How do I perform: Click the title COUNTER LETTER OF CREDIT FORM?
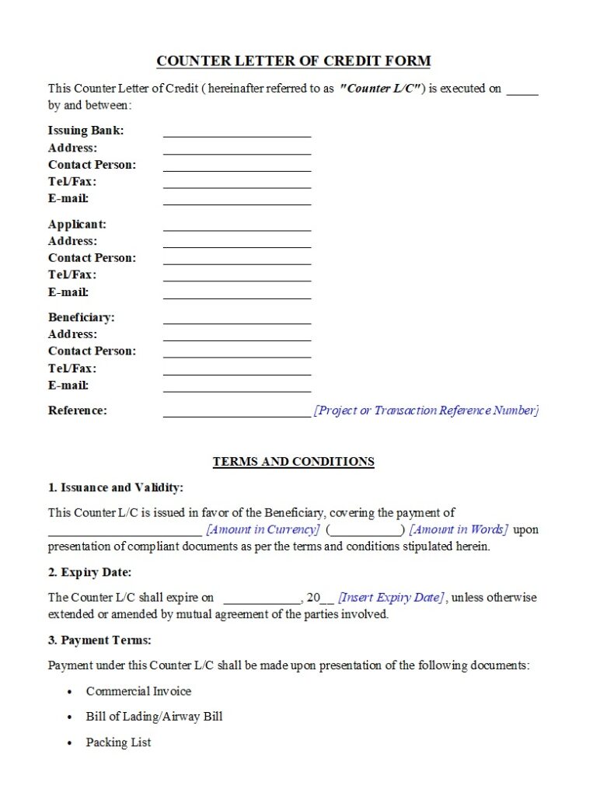[x=293, y=61]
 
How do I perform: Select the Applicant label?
[x=77, y=224]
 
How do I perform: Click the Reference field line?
[x=236, y=413]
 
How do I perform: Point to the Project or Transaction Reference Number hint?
[x=426, y=410]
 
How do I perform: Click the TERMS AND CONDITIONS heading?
[x=293, y=462]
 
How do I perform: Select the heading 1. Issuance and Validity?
[x=115, y=488]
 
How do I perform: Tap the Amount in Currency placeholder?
[x=263, y=529]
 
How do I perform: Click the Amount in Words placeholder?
[x=459, y=529]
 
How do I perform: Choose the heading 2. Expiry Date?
[x=89, y=572]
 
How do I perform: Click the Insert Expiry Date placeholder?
[x=391, y=598]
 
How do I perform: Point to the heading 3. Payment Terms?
[x=99, y=641]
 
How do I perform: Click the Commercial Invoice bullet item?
[x=138, y=691]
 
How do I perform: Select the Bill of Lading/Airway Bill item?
[x=154, y=717]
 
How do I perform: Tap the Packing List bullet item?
[x=118, y=742]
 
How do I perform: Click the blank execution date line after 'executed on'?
[x=522, y=90]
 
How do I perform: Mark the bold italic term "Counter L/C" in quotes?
[x=381, y=89]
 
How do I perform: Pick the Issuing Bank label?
[x=85, y=130]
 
